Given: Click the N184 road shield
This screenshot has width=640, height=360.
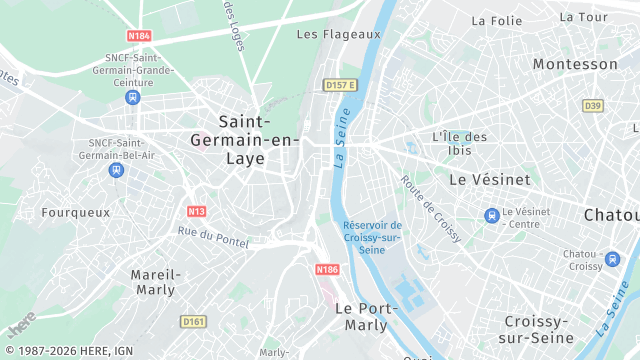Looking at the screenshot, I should click(x=140, y=36).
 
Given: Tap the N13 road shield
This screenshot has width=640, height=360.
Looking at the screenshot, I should click(x=196, y=211).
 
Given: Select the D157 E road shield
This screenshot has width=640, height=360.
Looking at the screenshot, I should click(x=340, y=85).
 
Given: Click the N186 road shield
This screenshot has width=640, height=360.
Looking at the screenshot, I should click(x=327, y=269).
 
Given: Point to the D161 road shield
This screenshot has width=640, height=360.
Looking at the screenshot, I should click(x=193, y=321).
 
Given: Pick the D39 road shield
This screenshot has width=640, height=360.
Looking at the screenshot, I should click(x=593, y=105).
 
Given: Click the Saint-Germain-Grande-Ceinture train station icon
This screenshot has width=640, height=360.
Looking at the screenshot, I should click(x=132, y=97).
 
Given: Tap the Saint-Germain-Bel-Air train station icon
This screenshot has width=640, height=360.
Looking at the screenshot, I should click(x=117, y=170).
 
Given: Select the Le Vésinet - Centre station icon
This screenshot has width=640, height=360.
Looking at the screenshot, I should click(x=491, y=215).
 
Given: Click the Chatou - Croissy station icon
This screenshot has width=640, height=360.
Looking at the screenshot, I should click(x=613, y=260).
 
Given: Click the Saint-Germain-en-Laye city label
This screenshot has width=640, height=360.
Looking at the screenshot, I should click(x=244, y=140).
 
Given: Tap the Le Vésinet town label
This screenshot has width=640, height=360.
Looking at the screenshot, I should click(x=487, y=180).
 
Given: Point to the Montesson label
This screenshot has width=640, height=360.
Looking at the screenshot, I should click(x=575, y=64).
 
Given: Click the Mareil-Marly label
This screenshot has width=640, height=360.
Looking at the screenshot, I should click(x=154, y=282).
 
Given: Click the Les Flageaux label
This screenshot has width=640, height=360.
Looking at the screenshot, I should click(x=339, y=34).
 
